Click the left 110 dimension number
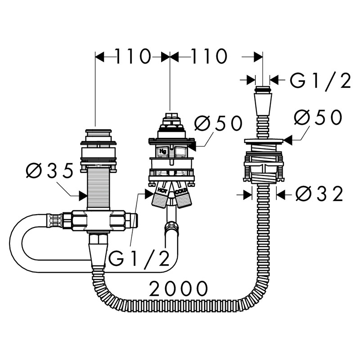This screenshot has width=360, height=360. [133, 56]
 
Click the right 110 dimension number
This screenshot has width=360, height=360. [208, 56]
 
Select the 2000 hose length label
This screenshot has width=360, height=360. [178, 288]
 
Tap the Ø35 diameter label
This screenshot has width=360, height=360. [49, 171]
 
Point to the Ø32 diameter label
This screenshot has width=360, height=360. [319, 193]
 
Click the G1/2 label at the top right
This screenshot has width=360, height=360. [320, 81]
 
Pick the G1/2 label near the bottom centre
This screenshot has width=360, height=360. [139, 258]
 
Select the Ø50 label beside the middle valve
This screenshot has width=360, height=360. [218, 123]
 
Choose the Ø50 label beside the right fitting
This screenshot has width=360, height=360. [318, 117]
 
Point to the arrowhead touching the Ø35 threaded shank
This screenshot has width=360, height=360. [83, 196]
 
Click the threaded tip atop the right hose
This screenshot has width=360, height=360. [263, 89]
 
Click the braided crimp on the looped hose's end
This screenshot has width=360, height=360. [54, 220]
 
